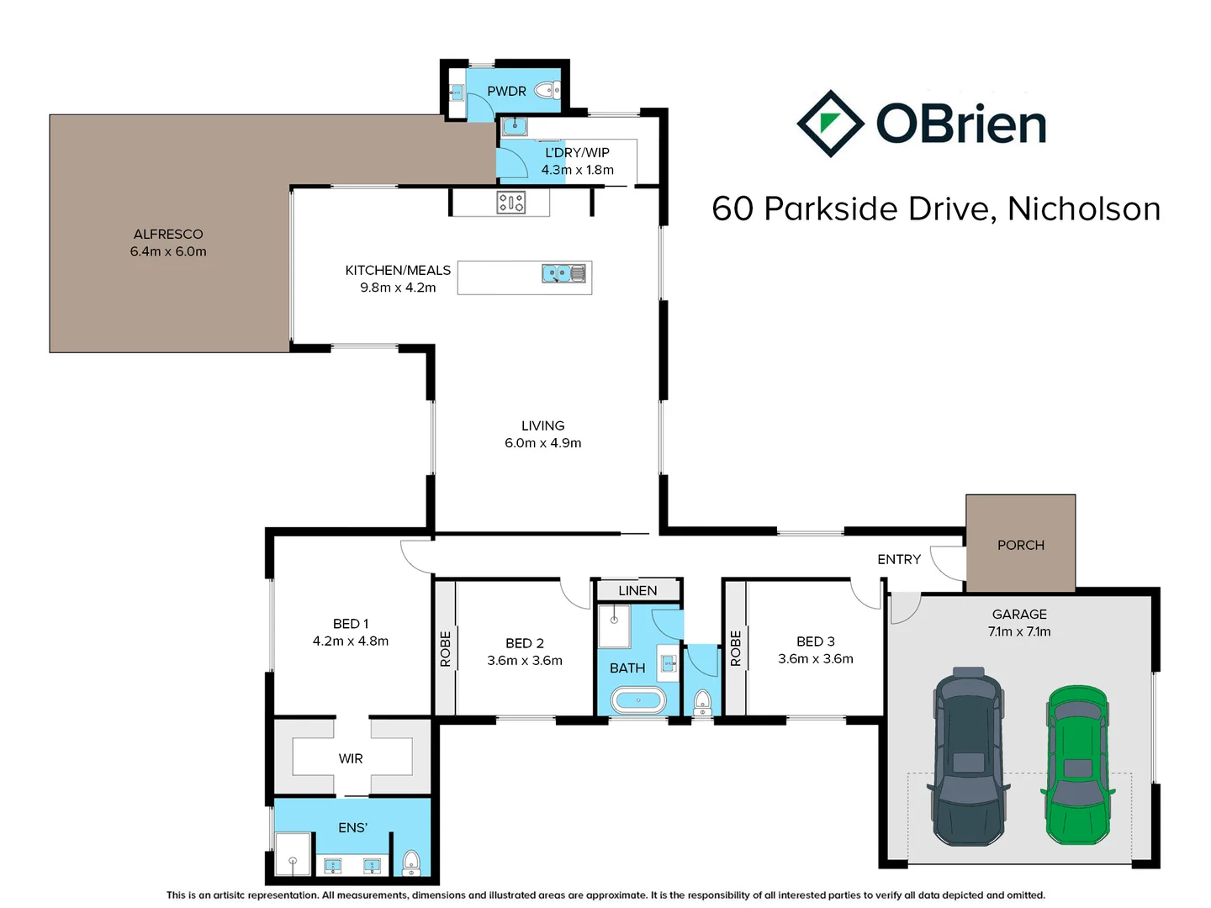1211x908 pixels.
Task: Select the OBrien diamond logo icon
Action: (x=830, y=124)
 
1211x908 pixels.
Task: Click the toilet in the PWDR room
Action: (x=547, y=90)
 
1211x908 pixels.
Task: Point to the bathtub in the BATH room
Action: (x=637, y=699)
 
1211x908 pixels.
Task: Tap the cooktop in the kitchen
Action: (x=511, y=203)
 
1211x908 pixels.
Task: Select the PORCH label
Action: (x=1020, y=545)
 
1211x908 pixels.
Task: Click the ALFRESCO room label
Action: (x=168, y=235)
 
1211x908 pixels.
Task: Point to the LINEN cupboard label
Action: (x=637, y=590)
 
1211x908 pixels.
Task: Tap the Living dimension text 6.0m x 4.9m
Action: (x=542, y=443)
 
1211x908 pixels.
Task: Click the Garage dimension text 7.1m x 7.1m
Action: (x=1019, y=631)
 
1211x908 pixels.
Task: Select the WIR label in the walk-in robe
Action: (x=351, y=758)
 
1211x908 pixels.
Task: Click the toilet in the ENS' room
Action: (x=411, y=862)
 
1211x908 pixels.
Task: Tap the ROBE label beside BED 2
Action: (x=445, y=649)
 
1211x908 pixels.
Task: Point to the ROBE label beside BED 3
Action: (x=735, y=649)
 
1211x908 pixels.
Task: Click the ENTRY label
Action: (x=899, y=559)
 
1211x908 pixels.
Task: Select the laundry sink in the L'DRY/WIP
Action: (x=514, y=127)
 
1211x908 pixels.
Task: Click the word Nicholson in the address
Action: (x=1084, y=209)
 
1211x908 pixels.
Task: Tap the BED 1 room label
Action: (x=351, y=624)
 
